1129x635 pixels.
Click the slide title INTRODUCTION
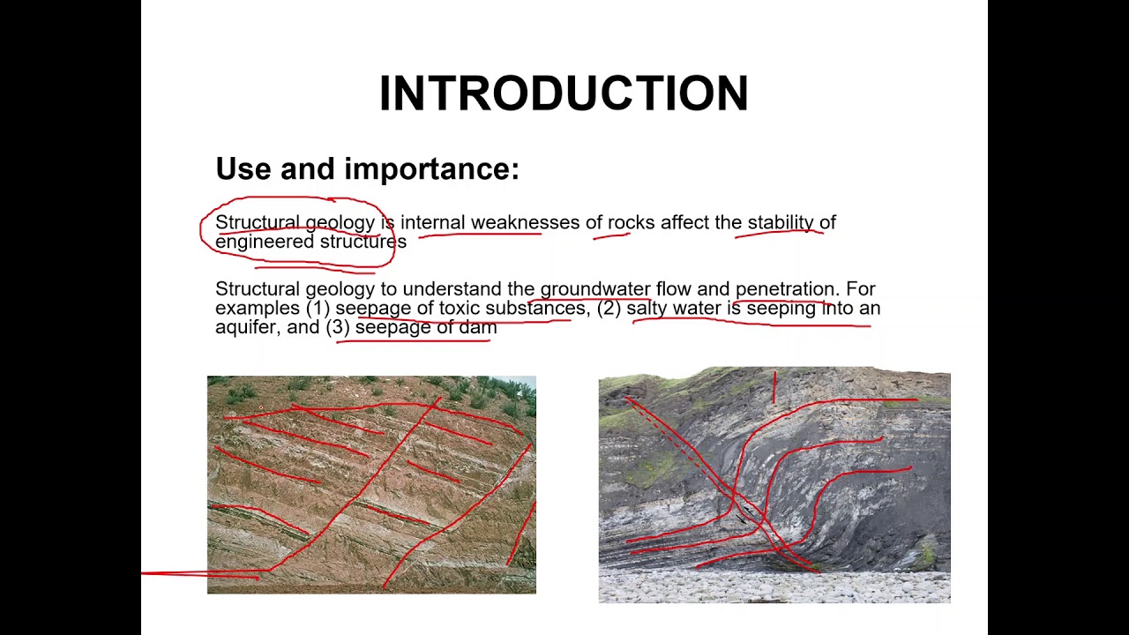coord(564,93)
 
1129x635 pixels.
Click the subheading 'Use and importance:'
coord(367,168)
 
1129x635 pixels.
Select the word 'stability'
coord(781,222)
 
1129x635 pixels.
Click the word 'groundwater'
coord(595,289)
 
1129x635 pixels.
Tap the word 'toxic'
coord(460,308)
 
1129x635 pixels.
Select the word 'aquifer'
coord(245,327)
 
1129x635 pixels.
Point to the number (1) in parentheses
coord(318,308)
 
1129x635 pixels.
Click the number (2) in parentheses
coord(609,308)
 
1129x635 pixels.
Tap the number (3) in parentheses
coord(338,327)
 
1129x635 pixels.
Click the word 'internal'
coord(432,222)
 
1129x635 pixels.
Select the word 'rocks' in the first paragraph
coord(631,222)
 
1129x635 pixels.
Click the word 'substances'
coord(535,308)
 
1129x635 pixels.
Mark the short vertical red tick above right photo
coord(774,387)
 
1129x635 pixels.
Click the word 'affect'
coord(684,222)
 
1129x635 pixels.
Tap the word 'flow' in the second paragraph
coord(673,289)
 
